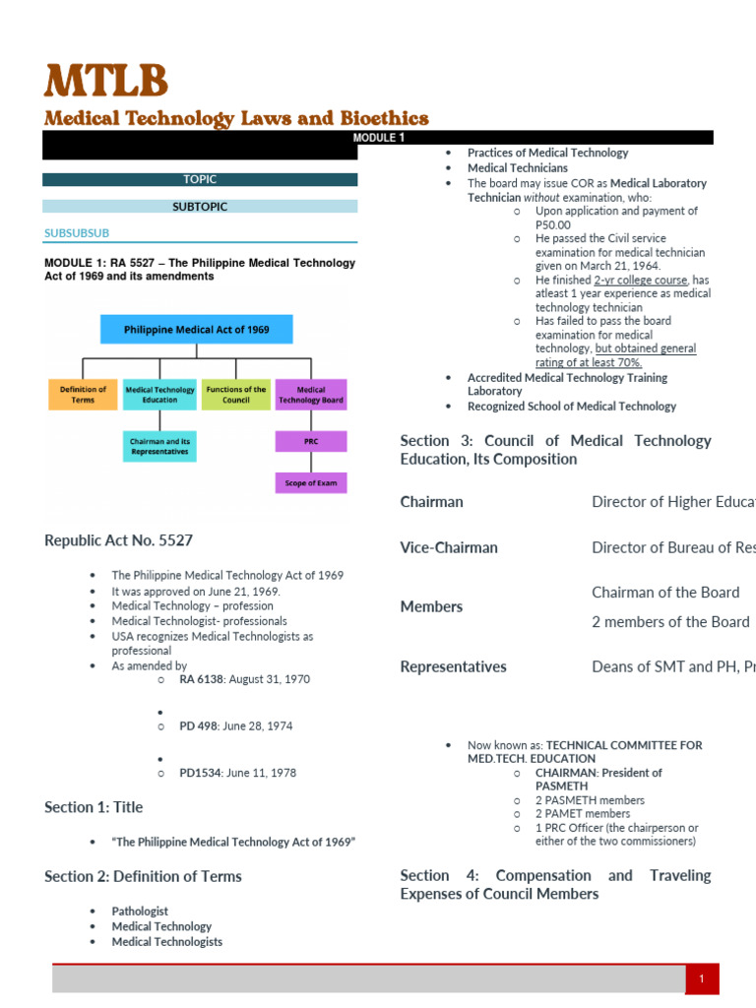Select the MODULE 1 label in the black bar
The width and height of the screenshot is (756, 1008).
tap(379, 138)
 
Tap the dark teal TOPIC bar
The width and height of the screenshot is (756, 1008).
tap(200, 179)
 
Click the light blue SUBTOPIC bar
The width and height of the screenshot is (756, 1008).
tap(200, 207)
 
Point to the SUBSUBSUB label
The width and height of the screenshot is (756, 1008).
tap(77, 233)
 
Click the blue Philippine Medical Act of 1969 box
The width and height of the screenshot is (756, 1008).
tap(197, 329)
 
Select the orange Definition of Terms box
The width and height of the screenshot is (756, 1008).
tap(83, 395)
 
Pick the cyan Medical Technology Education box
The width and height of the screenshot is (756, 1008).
tap(159, 395)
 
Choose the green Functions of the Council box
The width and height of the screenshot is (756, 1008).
tap(236, 395)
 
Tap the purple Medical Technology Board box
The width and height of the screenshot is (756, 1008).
tap(311, 395)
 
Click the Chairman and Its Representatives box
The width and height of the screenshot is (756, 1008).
tap(159, 446)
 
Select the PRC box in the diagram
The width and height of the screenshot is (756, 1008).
tap(311, 441)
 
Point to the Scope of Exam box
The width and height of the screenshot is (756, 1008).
tap(311, 483)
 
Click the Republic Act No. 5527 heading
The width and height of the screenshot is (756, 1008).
tap(119, 540)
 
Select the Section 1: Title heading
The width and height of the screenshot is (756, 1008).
tap(94, 807)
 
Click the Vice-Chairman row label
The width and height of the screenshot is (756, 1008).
tap(449, 547)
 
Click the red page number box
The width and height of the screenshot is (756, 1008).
tap(702, 979)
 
